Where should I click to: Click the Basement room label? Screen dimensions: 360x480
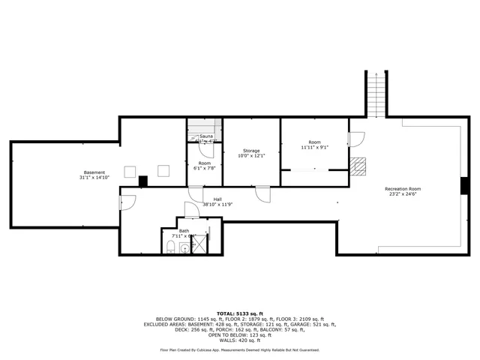[94, 172]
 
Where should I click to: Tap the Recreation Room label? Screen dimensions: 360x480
[403, 188]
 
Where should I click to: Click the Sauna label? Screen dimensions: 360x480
[205, 136]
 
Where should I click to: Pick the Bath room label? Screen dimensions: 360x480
[184, 231]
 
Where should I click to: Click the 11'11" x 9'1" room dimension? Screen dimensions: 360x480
[314, 148]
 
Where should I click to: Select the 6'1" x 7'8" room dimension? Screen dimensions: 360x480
[205, 169]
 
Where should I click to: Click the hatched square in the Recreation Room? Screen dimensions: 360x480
[359, 166]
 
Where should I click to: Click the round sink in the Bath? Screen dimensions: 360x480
[184, 247]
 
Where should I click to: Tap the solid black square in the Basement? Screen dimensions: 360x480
[143, 180]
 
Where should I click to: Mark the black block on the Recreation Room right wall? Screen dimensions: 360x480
[464, 184]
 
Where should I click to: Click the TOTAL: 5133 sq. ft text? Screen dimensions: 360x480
[239, 313]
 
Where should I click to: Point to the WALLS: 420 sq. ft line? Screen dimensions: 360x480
[239, 340]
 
